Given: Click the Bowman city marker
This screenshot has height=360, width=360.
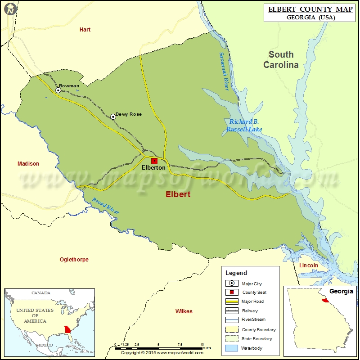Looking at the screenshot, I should [58, 90].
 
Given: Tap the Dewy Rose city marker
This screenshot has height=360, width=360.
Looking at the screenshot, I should [113, 117].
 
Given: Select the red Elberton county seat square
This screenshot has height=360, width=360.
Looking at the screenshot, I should [154, 161].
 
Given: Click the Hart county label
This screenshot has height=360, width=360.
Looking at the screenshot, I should [85, 30].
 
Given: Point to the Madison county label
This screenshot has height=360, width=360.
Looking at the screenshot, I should [28, 164].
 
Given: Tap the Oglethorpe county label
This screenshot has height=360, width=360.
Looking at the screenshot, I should [74, 260].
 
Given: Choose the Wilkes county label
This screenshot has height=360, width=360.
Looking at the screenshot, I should [184, 311].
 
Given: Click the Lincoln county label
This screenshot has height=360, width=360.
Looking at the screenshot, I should [309, 265].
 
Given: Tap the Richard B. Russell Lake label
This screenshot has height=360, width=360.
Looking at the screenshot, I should [244, 126].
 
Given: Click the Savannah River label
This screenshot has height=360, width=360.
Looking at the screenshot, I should [224, 72].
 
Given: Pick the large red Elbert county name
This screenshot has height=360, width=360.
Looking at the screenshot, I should [178, 194].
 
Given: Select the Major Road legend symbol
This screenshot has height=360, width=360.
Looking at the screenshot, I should [233, 301].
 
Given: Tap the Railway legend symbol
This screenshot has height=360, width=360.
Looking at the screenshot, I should [233, 311].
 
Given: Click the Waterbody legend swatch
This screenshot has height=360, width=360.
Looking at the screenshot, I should [233, 348].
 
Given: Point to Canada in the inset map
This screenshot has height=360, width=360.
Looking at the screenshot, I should [40, 293].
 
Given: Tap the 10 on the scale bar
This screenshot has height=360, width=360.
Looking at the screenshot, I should [202, 343].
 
